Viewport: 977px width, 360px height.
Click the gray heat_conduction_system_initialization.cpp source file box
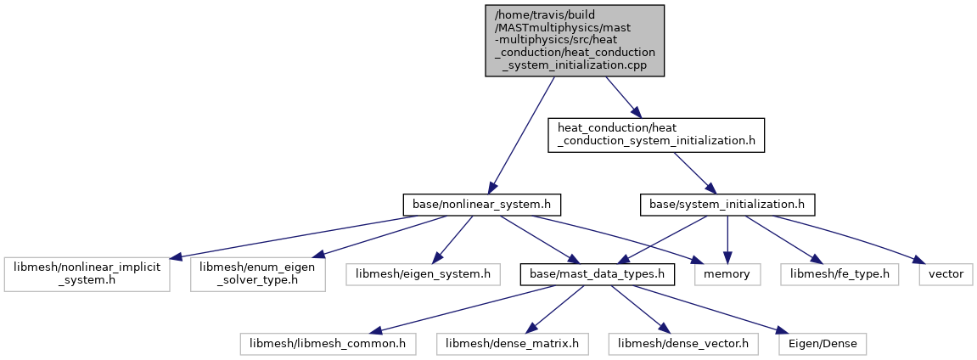coord(575,41)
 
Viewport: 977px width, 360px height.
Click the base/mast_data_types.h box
coord(598,273)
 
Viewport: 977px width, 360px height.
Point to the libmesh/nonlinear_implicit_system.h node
coord(87,273)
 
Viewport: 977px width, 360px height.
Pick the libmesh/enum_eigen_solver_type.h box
coord(258,273)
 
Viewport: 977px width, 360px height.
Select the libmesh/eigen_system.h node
coord(423,273)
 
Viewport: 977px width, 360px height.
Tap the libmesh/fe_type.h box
coord(839,273)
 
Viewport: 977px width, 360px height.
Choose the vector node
coord(946,273)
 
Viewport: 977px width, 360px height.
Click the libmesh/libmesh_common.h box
coord(328,343)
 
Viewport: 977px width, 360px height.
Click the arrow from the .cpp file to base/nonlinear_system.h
coord(522,135)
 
